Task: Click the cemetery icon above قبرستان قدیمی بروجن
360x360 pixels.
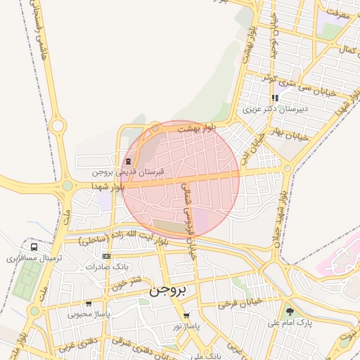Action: [x=128, y=161]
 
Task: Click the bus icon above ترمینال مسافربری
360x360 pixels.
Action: [x=34, y=247]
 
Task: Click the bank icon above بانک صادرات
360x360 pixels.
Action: [x=106, y=257]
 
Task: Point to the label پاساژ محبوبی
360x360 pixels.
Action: [x=89, y=314]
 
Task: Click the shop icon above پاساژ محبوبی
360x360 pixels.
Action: [x=89, y=304]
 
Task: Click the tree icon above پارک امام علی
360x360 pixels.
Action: [x=290, y=311]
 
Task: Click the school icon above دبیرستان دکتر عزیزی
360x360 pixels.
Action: [x=275, y=98]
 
